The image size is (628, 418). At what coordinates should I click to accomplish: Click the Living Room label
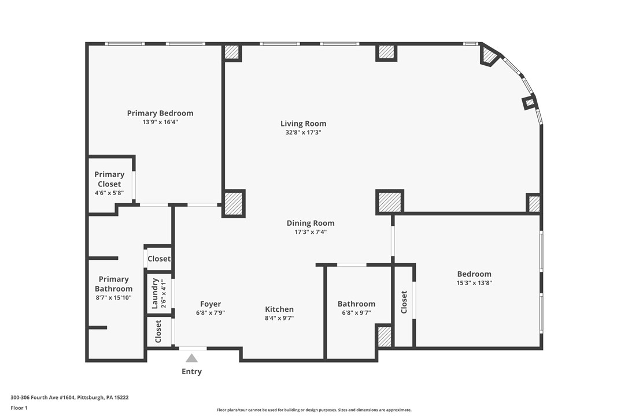pos(303,124)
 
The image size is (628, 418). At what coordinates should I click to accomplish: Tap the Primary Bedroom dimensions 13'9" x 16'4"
pos(160,122)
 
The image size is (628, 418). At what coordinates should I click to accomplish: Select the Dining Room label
pos(311,223)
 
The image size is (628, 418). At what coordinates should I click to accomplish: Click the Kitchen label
pos(279,309)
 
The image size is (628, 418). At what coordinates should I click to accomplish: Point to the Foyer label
pos(210,304)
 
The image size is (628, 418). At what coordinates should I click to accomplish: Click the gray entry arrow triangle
pos(191,358)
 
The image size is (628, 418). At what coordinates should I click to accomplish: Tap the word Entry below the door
pos(191,372)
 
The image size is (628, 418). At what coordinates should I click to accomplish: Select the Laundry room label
pos(155,294)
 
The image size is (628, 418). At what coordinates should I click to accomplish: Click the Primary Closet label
pos(109,179)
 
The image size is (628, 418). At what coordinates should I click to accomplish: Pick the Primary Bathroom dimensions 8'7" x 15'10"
pos(114,298)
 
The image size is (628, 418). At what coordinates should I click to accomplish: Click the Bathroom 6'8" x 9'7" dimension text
pos(356,313)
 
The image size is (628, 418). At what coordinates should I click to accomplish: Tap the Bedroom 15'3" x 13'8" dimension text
pos(474,283)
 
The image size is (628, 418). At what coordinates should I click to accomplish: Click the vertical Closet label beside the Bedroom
pos(404,302)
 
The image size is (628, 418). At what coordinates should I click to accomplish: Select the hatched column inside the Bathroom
pos(385,337)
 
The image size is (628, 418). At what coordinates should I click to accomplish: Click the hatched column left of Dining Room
pos(233,204)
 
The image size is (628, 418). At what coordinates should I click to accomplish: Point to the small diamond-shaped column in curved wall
pos(529,103)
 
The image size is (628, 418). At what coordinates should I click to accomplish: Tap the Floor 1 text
pos(19,408)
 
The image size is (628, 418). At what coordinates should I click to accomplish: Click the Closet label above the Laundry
pos(159,259)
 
